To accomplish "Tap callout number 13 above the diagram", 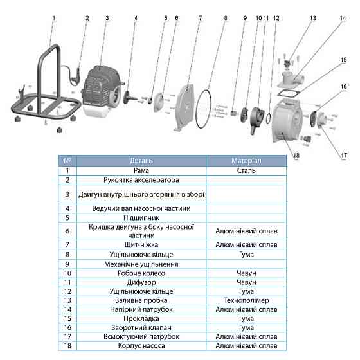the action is (x=312, y=18).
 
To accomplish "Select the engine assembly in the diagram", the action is (x=102, y=91).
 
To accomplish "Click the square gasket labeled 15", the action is (x=289, y=93).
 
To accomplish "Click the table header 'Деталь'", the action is (x=141, y=161).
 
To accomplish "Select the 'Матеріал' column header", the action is (x=246, y=161).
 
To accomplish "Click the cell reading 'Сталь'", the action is (x=246, y=170).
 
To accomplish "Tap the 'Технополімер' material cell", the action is (x=246, y=300).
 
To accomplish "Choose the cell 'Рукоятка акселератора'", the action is (x=141, y=180).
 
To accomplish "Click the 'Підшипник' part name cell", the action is (x=141, y=218).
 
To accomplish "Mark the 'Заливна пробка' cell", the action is (x=141, y=300).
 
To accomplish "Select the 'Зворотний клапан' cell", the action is (x=141, y=327).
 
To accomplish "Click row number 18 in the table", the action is (x=67, y=346).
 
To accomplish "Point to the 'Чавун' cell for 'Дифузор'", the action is (x=246, y=282).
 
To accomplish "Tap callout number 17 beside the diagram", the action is (x=344, y=156).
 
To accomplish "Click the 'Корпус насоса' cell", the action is (x=141, y=346).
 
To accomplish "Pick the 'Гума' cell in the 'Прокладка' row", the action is (x=246, y=318).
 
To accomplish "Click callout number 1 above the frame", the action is (x=54, y=18).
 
